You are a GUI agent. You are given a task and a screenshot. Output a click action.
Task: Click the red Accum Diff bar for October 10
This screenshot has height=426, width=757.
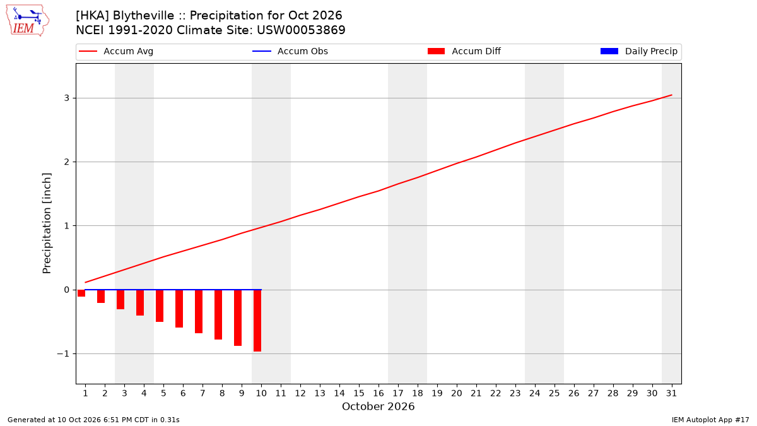pyautogui.click(x=257, y=321)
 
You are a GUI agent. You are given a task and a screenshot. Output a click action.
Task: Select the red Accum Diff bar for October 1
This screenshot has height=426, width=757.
pyautogui.click(x=81, y=293)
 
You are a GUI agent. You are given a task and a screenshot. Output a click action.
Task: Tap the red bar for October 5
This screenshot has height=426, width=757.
pyautogui.click(x=160, y=305)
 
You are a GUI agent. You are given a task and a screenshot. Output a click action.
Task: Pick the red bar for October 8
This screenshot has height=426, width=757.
pyautogui.click(x=218, y=314)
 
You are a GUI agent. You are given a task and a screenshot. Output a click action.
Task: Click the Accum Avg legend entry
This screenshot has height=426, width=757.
pyautogui.click(x=116, y=51)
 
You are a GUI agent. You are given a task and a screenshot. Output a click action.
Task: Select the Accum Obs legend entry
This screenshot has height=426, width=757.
pyautogui.click(x=290, y=51)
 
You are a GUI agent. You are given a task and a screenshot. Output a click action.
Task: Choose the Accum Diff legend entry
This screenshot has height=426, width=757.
pyautogui.click(x=464, y=51)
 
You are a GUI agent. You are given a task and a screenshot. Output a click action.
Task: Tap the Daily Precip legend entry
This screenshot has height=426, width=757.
pyautogui.click(x=638, y=51)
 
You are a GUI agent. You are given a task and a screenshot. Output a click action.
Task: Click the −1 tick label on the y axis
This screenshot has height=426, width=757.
pyautogui.click(x=63, y=353)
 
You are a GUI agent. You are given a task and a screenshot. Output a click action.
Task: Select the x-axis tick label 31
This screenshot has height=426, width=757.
pyautogui.click(x=671, y=393)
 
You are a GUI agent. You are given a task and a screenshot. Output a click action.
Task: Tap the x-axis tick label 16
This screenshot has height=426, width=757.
pyautogui.click(x=378, y=393)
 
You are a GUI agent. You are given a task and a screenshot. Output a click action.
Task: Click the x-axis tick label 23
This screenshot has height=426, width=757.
pyautogui.click(x=515, y=393)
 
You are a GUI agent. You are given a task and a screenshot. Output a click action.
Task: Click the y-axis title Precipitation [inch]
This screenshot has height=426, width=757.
pyautogui.click(x=47, y=223)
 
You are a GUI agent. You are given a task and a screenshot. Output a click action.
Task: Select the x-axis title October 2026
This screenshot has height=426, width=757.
pyautogui.click(x=378, y=406)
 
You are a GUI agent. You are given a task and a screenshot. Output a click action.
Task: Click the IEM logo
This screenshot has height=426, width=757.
pyautogui.click(x=28, y=21)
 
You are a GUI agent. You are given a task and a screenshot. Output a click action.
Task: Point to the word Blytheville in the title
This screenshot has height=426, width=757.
pyautogui.click(x=143, y=16)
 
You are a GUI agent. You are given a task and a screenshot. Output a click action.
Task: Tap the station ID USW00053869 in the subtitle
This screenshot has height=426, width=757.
pyautogui.click(x=301, y=30)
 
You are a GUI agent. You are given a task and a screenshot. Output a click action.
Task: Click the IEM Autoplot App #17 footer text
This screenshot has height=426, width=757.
pyautogui.click(x=710, y=420)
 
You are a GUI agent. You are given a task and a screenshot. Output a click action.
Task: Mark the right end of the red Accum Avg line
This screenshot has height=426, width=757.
pyautogui.click(x=671, y=95)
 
